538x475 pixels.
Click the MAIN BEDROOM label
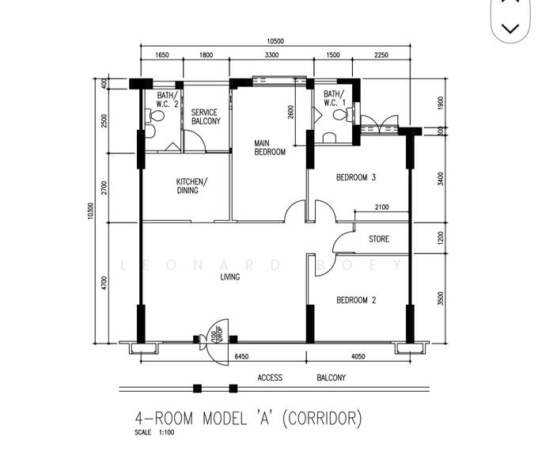tap(269, 148)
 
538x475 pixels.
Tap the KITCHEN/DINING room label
tap(192, 185)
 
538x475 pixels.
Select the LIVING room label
tap(230, 277)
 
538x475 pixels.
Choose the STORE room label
tap(379, 239)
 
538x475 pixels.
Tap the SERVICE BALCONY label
tap(206, 117)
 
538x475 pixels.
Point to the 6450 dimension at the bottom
tap(243, 357)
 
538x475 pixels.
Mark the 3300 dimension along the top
tap(271, 56)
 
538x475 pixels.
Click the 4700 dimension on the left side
tap(104, 283)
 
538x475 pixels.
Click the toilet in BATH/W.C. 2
tap(157, 117)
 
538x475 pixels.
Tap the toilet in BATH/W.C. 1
tap(340, 116)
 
